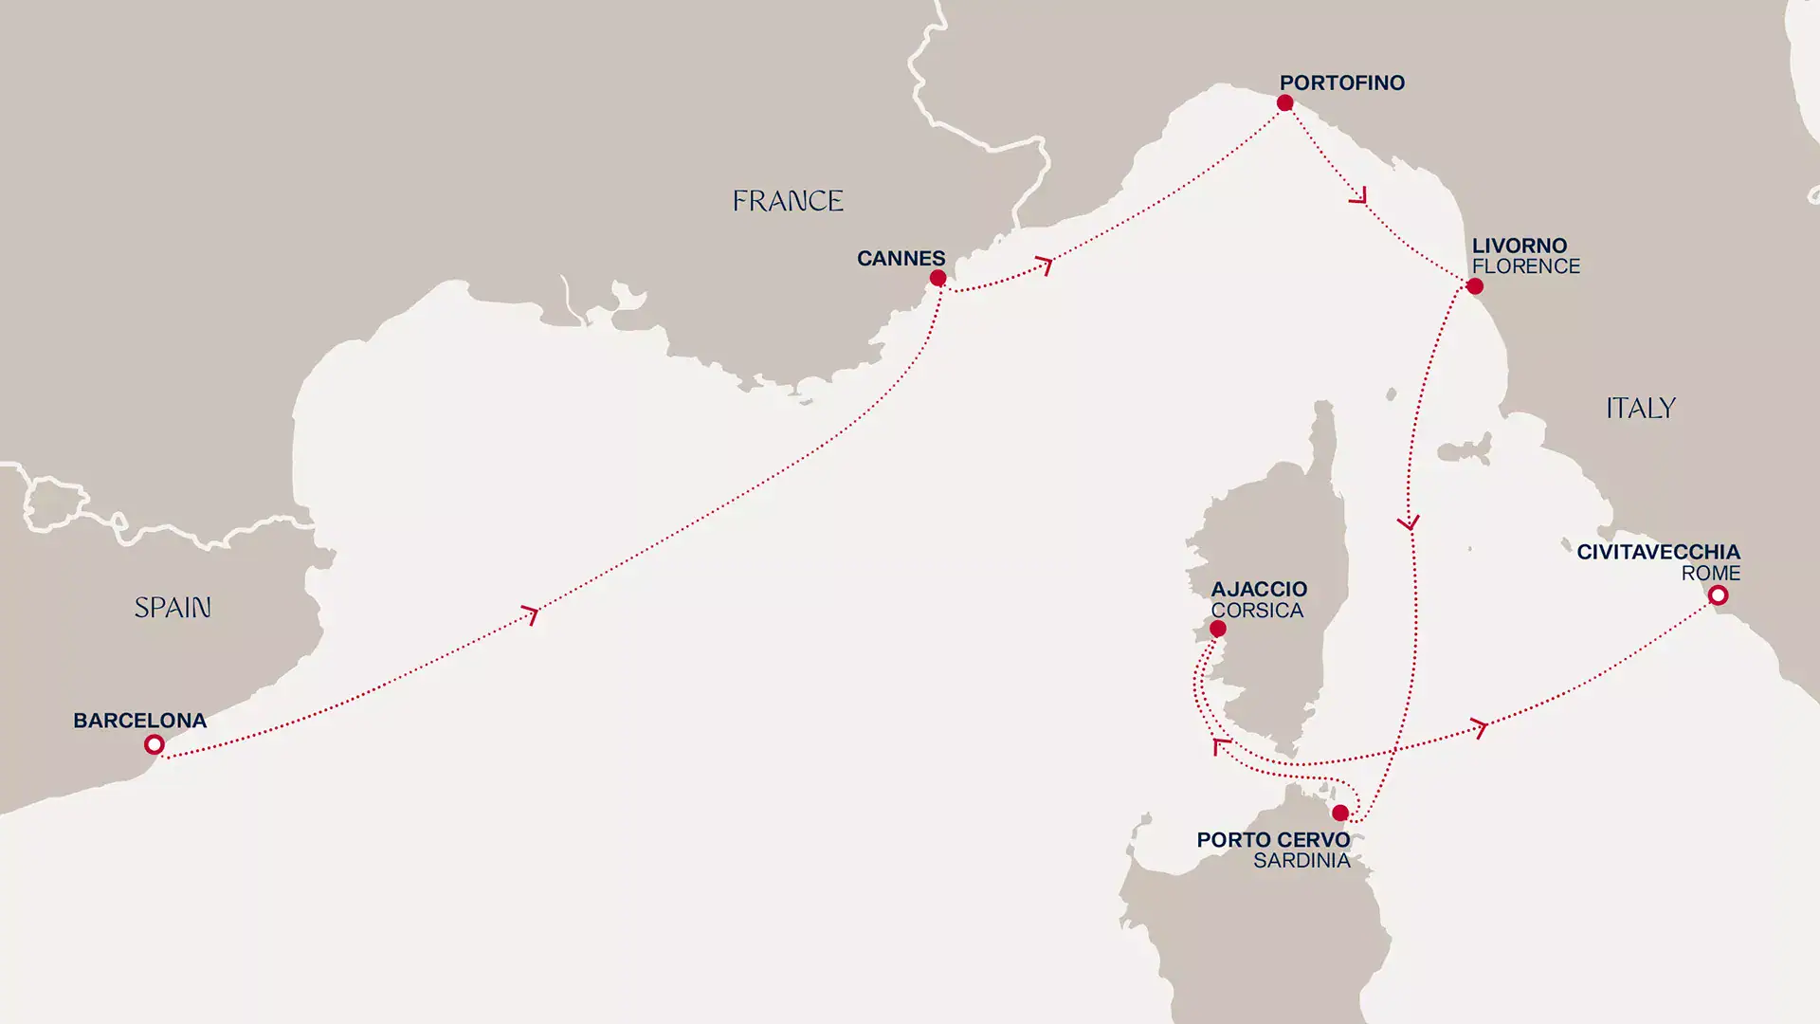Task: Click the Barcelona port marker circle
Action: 154,745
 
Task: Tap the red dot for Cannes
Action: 937,278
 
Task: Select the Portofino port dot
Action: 1284,102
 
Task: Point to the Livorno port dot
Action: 1474,286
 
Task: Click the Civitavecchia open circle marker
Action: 1718,595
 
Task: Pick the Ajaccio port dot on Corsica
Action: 1218,629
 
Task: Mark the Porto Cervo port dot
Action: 1339,813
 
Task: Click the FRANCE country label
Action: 788,201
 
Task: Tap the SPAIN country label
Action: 173,608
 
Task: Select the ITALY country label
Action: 1641,409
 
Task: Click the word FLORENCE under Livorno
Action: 1525,267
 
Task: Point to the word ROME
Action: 1710,574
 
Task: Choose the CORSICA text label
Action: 1257,611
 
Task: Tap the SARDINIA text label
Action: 1301,861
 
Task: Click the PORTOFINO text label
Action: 1341,82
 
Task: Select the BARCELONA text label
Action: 139,721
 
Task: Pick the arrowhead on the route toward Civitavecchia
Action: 1479,728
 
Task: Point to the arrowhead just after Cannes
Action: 1045,265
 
